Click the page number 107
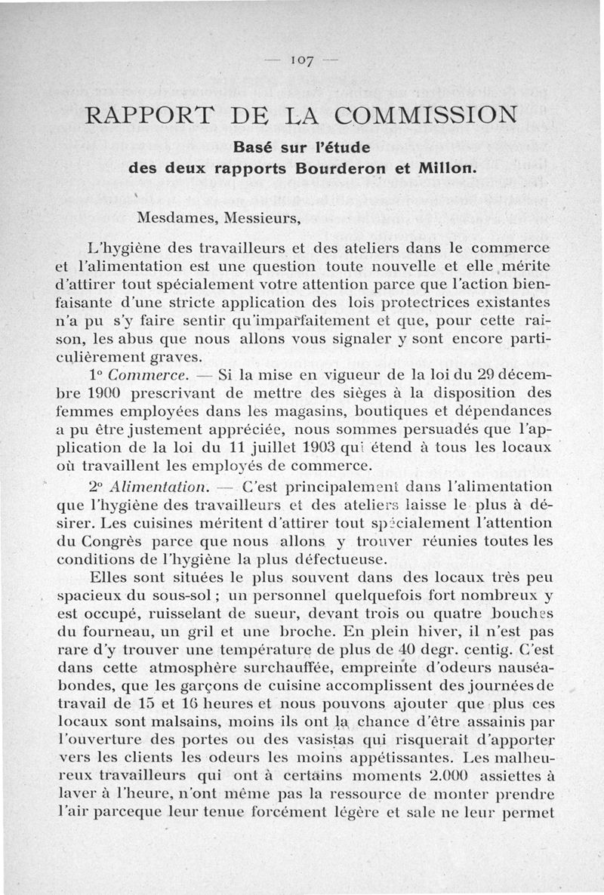pos(301,59)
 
